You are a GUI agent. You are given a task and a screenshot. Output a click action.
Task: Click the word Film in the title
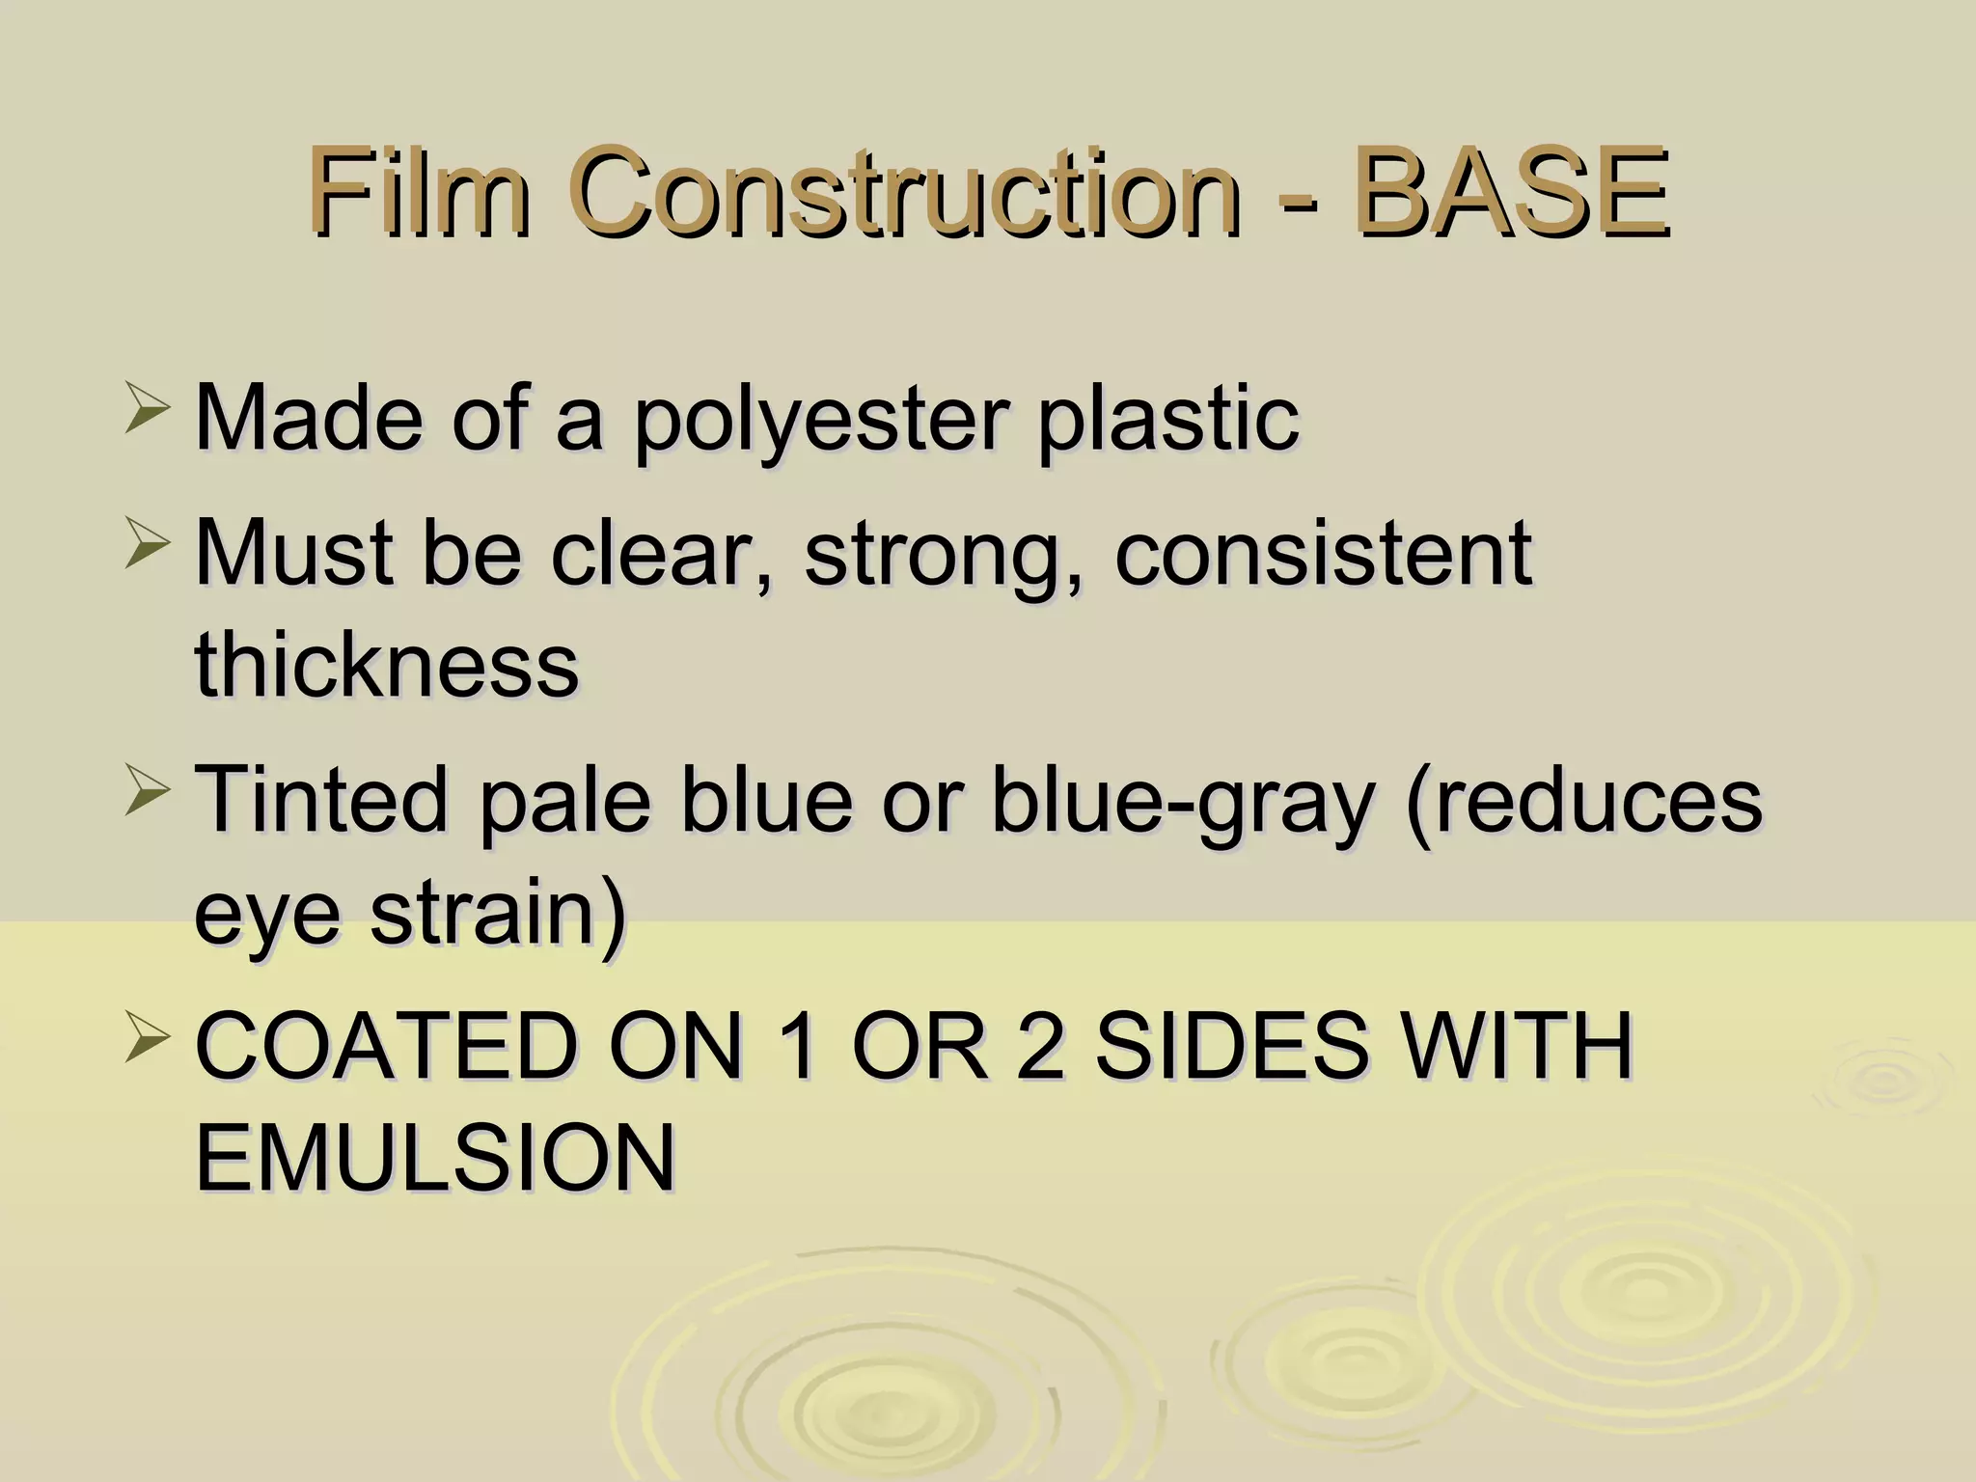coord(419,192)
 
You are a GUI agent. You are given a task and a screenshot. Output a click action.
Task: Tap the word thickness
coord(386,665)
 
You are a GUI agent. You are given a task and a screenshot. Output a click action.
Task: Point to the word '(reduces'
coord(1583,802)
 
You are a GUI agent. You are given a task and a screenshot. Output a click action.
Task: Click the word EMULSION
coord(435,1158)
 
